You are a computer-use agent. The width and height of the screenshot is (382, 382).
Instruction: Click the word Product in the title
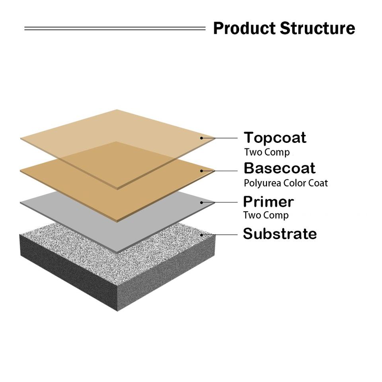pos(244,29)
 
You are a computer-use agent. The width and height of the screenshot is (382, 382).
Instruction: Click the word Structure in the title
pos(317,29)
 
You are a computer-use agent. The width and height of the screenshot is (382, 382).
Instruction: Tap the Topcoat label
pos(275,138)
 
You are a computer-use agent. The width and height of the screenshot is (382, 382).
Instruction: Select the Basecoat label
pos(279,168)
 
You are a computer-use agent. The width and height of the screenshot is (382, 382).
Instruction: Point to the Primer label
pos(268,202)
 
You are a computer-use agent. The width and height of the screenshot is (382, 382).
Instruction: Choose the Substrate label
pos(280,234)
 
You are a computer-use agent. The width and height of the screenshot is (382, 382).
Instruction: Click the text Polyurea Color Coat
pos(286,183)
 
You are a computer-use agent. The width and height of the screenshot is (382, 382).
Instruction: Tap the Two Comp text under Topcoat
pos(267,152)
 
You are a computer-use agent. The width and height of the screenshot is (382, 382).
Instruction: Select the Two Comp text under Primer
pos(266,215)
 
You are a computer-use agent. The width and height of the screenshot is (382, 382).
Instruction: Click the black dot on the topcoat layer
pos(202,138)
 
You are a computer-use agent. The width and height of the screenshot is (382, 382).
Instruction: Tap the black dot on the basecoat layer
pos(202,171)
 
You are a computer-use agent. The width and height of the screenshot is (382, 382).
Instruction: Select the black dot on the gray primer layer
pos(202,202)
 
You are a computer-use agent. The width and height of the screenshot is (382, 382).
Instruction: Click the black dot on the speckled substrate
pos(202,235)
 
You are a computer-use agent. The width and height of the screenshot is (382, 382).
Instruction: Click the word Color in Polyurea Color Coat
pos(296,183)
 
